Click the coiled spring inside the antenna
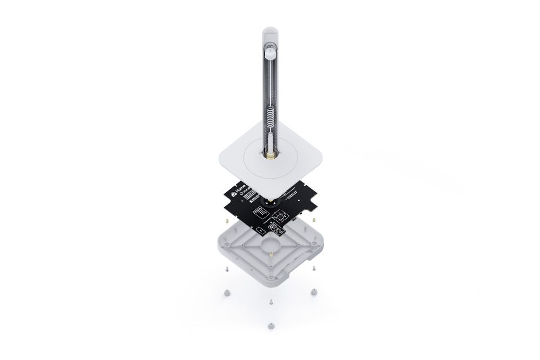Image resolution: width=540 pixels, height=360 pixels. point(269,121)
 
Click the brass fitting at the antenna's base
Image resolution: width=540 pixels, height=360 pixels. point(269,157)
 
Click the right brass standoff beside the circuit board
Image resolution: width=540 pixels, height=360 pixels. point(312,221)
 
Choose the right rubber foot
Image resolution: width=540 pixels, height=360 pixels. point(312,292)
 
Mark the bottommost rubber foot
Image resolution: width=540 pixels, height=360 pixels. point(270,326)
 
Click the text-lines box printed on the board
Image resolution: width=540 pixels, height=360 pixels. point(260,214)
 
